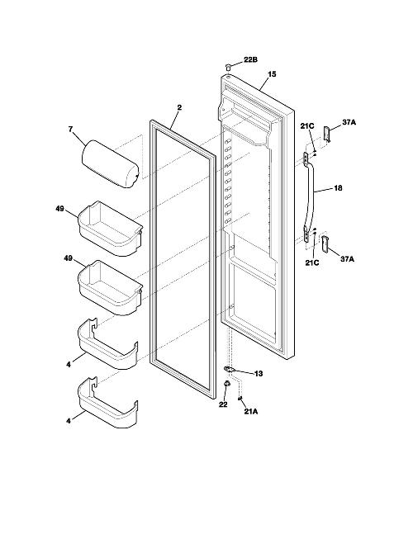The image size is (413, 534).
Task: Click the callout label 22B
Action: (x=250, y=60)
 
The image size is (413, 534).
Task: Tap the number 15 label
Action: (x=272, y=74)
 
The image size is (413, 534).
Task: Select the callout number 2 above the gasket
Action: (x=179, y=107)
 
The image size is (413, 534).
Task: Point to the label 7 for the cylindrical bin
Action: (x=70, y=130)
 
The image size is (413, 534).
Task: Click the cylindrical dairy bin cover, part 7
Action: (x=111, y=163)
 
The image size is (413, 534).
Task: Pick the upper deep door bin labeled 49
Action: (x=111, y=228)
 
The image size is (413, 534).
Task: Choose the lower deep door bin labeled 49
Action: (x=111, y=287)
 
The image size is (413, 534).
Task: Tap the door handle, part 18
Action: (x=310, y=197)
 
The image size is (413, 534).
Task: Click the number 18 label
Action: (x=338, y=188)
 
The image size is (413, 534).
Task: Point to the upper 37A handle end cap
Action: (x=327, y=135)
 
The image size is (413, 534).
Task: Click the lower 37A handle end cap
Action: (x=325, y=243)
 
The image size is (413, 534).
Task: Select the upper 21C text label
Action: (x=307, y=126)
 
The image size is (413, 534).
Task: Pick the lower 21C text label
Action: (x=311, y=262)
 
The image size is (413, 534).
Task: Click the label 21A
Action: (x=251, y=412)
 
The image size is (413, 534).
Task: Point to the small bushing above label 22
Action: (x=225, y=384)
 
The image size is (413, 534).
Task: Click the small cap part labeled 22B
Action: (x=228, y=66)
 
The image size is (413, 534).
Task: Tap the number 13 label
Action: (x=259, y=374)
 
